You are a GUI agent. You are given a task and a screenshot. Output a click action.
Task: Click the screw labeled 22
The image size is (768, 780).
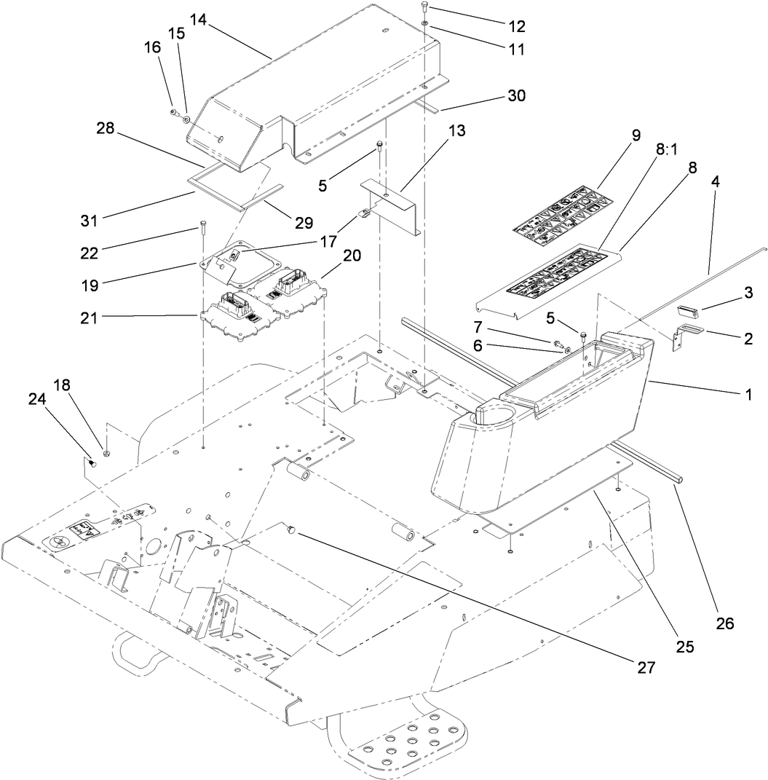coord(201,227)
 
